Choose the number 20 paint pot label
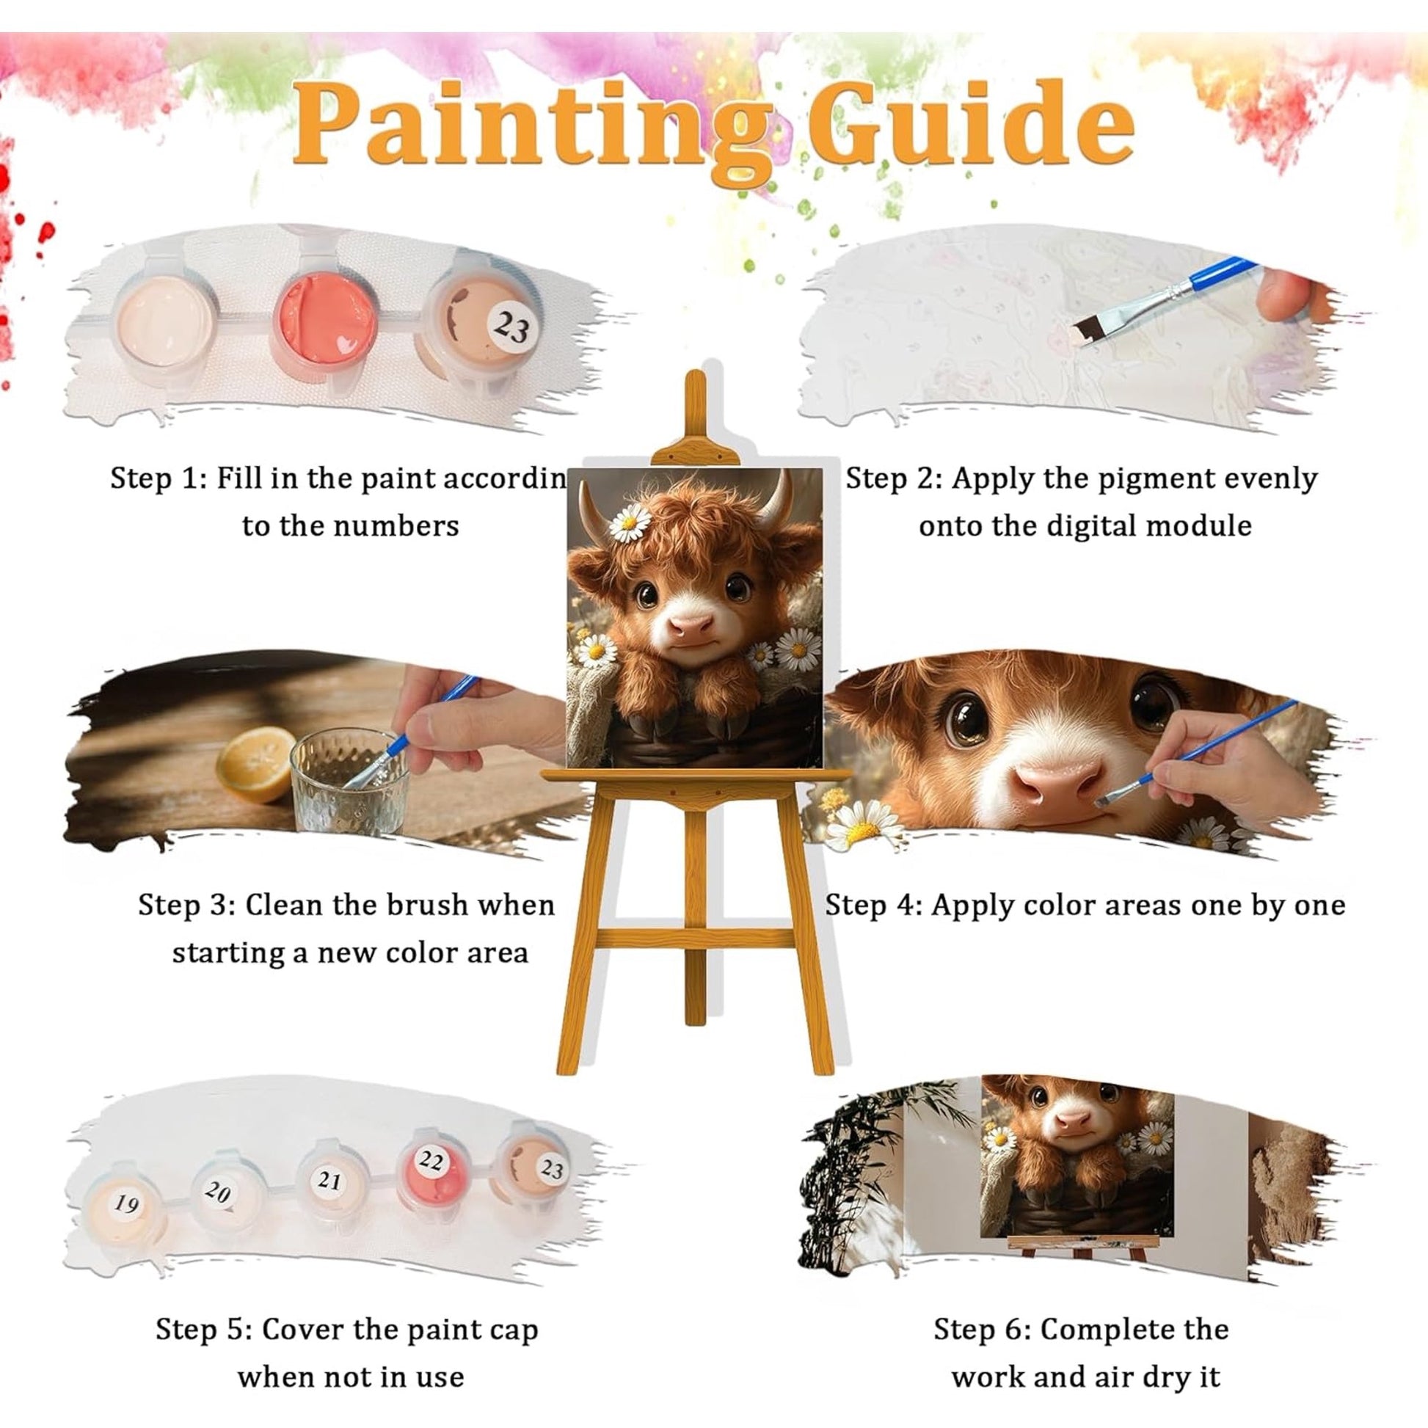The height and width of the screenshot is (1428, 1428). click(x=217, y=1192)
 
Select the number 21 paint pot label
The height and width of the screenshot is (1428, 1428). click(x=328, y=1181)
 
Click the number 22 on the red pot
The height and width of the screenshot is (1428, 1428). click(x=431, y=1161)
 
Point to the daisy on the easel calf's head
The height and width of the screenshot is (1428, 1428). click(x=630, y=522)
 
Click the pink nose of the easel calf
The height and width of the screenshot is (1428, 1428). click(x=692, y=628)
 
